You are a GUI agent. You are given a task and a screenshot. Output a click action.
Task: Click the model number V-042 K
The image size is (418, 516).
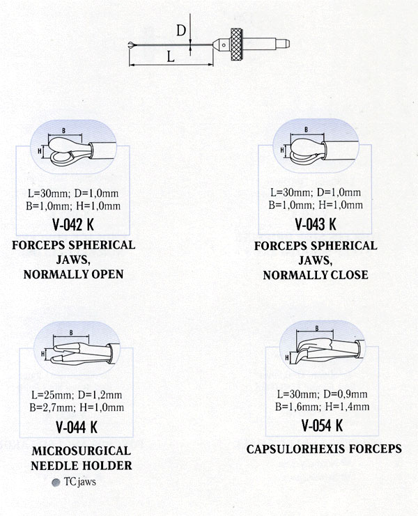[x=73, y=225]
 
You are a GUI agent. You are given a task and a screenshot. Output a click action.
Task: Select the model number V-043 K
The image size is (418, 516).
[x=316, y=224]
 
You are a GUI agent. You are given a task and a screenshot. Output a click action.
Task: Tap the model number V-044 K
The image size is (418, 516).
[x=77, y=428]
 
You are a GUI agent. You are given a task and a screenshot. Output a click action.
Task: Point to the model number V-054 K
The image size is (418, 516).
[x=323, y=425]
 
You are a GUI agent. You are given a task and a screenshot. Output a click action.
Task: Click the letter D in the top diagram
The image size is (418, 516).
[x=181, y=31]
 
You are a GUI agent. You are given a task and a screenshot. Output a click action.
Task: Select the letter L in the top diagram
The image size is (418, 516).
[x=170, y=57]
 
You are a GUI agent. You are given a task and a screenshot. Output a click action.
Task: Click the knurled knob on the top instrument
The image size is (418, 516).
[x=238, y=45]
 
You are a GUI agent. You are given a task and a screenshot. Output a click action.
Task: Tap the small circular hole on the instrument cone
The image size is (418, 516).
[x=224, y=45]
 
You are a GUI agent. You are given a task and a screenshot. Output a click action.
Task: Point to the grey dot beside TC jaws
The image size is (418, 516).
[x=56, y=483]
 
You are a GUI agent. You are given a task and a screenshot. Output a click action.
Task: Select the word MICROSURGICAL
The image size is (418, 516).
[x=82, y=451]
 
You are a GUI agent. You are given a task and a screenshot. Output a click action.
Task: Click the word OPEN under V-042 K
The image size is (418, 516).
[x=107, y=274]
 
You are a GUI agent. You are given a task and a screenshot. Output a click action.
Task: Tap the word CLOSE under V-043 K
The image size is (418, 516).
[x=349, y=275]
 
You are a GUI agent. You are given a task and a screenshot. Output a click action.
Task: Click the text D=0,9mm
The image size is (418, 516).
[x=346, y=394]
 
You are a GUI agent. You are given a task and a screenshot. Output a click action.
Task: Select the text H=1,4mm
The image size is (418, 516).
[x=347, y=407]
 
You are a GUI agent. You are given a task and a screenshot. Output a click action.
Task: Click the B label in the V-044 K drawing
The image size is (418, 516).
[x=71, y=333]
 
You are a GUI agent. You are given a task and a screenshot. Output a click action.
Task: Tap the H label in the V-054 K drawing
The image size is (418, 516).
[x=287, y=357]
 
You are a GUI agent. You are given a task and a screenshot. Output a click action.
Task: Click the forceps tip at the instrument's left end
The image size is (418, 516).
[x=132, y=45]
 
